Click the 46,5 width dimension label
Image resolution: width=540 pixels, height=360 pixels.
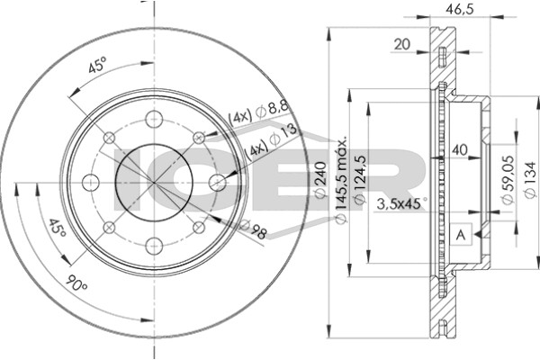460,8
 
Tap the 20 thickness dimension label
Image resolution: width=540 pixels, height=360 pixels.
402,44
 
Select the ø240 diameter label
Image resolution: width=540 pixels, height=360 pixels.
320,180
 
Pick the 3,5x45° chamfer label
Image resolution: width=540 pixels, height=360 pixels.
402,204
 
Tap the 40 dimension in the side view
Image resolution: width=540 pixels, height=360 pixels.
460,150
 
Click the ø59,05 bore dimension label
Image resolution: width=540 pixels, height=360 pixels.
508,180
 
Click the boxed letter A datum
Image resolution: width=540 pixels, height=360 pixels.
461,235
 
